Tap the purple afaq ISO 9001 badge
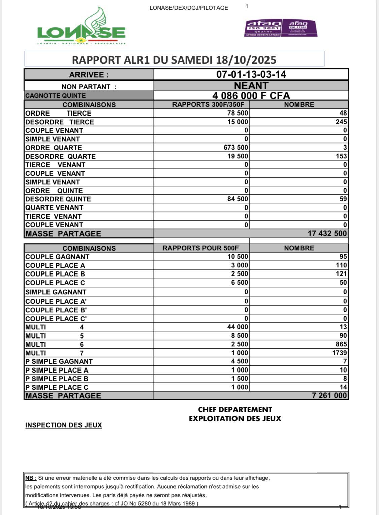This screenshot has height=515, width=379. click(x=262, y=28)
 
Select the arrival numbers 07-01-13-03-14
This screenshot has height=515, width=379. click(x=251, y=74)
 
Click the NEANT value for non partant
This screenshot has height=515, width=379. click(x=251, y=86)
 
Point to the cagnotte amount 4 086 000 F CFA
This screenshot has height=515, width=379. click(x=251, y=96)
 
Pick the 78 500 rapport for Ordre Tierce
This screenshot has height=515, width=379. click(x=238, y=113)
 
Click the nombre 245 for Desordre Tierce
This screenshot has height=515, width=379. click(x=341, y=122)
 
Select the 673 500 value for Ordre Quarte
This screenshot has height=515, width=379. click(x=235, y=148)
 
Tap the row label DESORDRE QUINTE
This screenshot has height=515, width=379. click(x=58, y=199)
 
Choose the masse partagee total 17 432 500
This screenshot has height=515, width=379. click(x=327, y=233)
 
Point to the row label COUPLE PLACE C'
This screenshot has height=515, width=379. click(x=56, y=319)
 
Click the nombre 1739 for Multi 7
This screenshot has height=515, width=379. click(x=339, y=353)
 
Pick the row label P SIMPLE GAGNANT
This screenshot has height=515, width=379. click(x=59, y=361)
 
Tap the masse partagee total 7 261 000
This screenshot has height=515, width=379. click(x=329, y=395)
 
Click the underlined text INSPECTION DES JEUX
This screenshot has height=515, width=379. click(x=64, y=425)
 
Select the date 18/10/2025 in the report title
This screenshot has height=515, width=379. click(x=246, y=60)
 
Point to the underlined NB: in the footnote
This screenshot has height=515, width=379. click(x=31, y=478)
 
